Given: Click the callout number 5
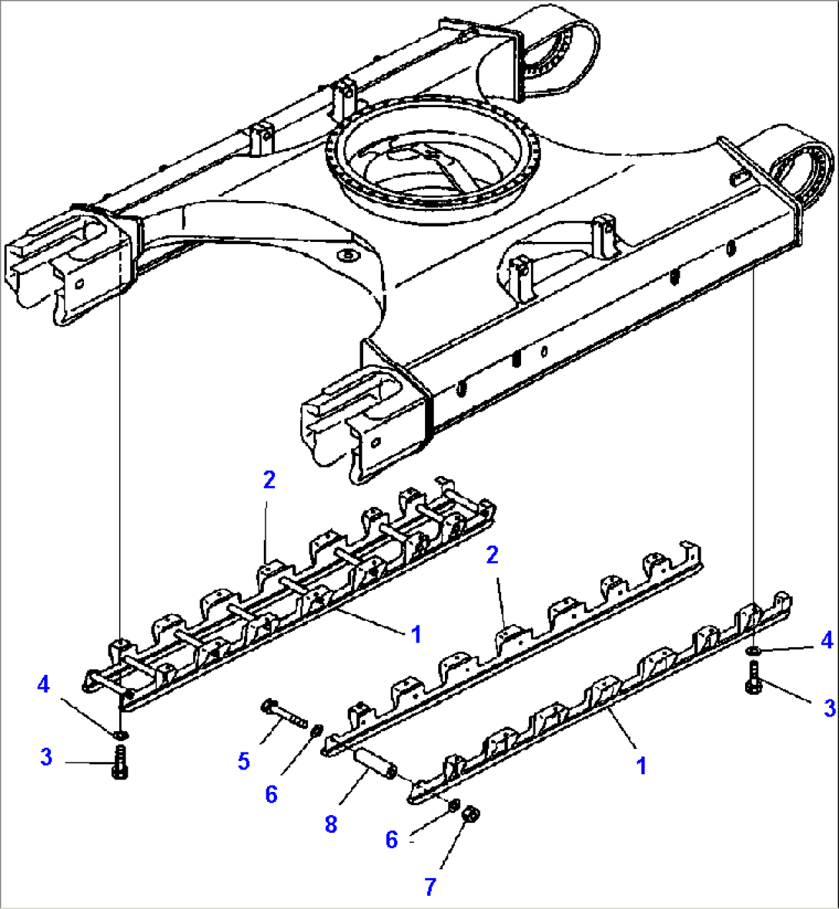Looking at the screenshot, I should click(x=244, y=762).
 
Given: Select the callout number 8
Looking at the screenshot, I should click(x=331, y=825).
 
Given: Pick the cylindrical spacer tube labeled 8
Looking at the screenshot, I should click(x=376, y=762).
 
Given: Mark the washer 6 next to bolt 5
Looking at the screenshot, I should click(x=316, y=729).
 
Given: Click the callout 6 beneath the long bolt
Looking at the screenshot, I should click(x=271, y=794).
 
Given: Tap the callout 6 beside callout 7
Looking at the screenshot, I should click(x=392, y=840).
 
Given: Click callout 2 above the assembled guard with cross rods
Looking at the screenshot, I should click(x=269, y=480).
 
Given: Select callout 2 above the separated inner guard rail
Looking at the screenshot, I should click(x=493, y=555).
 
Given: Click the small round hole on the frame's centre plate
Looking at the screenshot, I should click(x=348, y=254).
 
